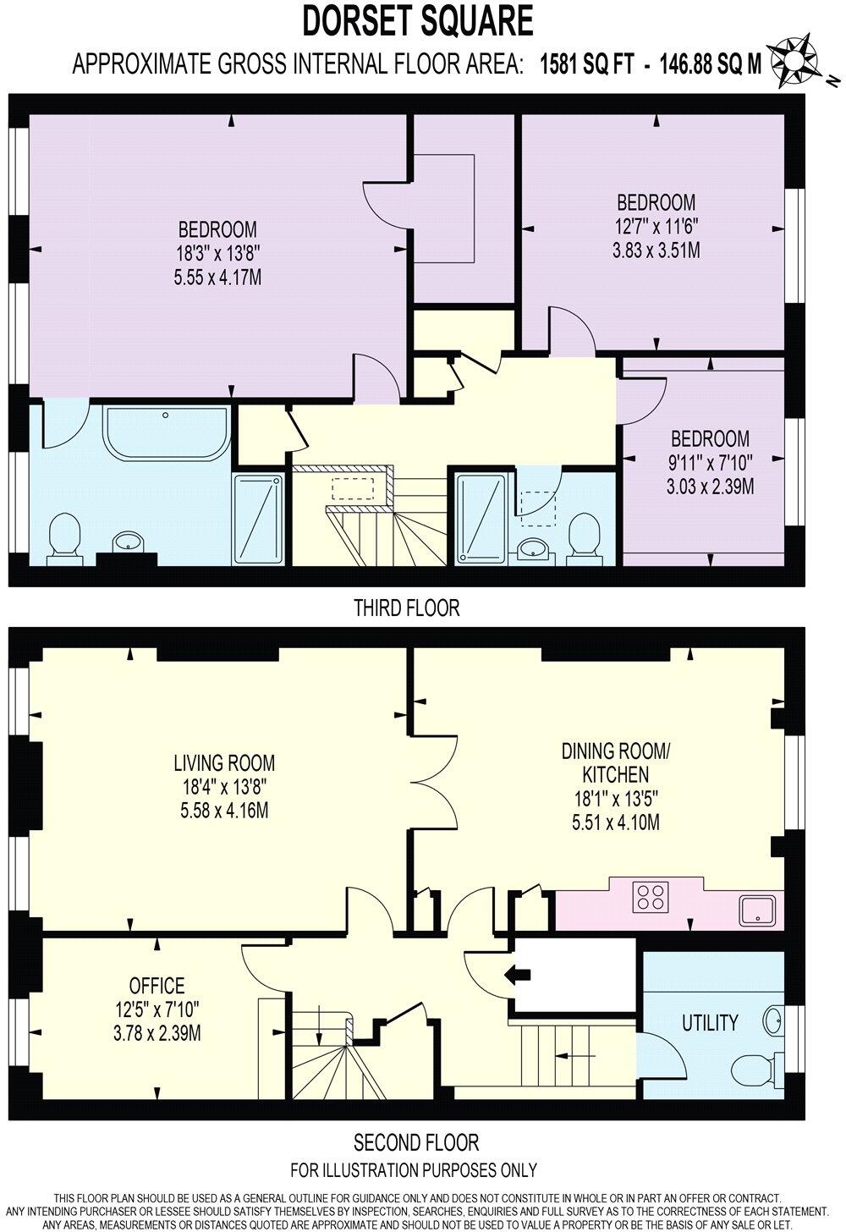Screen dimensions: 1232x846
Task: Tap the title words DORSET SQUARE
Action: pos(418,20)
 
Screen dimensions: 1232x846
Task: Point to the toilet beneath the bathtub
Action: pos(65,538)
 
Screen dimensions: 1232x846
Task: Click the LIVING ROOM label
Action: pos(224,762)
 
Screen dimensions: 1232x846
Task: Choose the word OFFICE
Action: pos(157,986)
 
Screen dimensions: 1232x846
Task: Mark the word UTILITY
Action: pos(709,1023)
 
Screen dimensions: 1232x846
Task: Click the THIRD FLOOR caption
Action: pos(406,608)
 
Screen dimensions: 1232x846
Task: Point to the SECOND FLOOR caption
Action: pos(415,1143)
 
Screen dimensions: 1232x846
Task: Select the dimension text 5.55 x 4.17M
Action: pos(217,276)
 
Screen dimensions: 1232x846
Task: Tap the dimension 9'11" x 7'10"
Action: pos(710,463)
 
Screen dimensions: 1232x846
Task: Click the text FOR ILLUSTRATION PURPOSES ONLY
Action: pos(414,1171)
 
